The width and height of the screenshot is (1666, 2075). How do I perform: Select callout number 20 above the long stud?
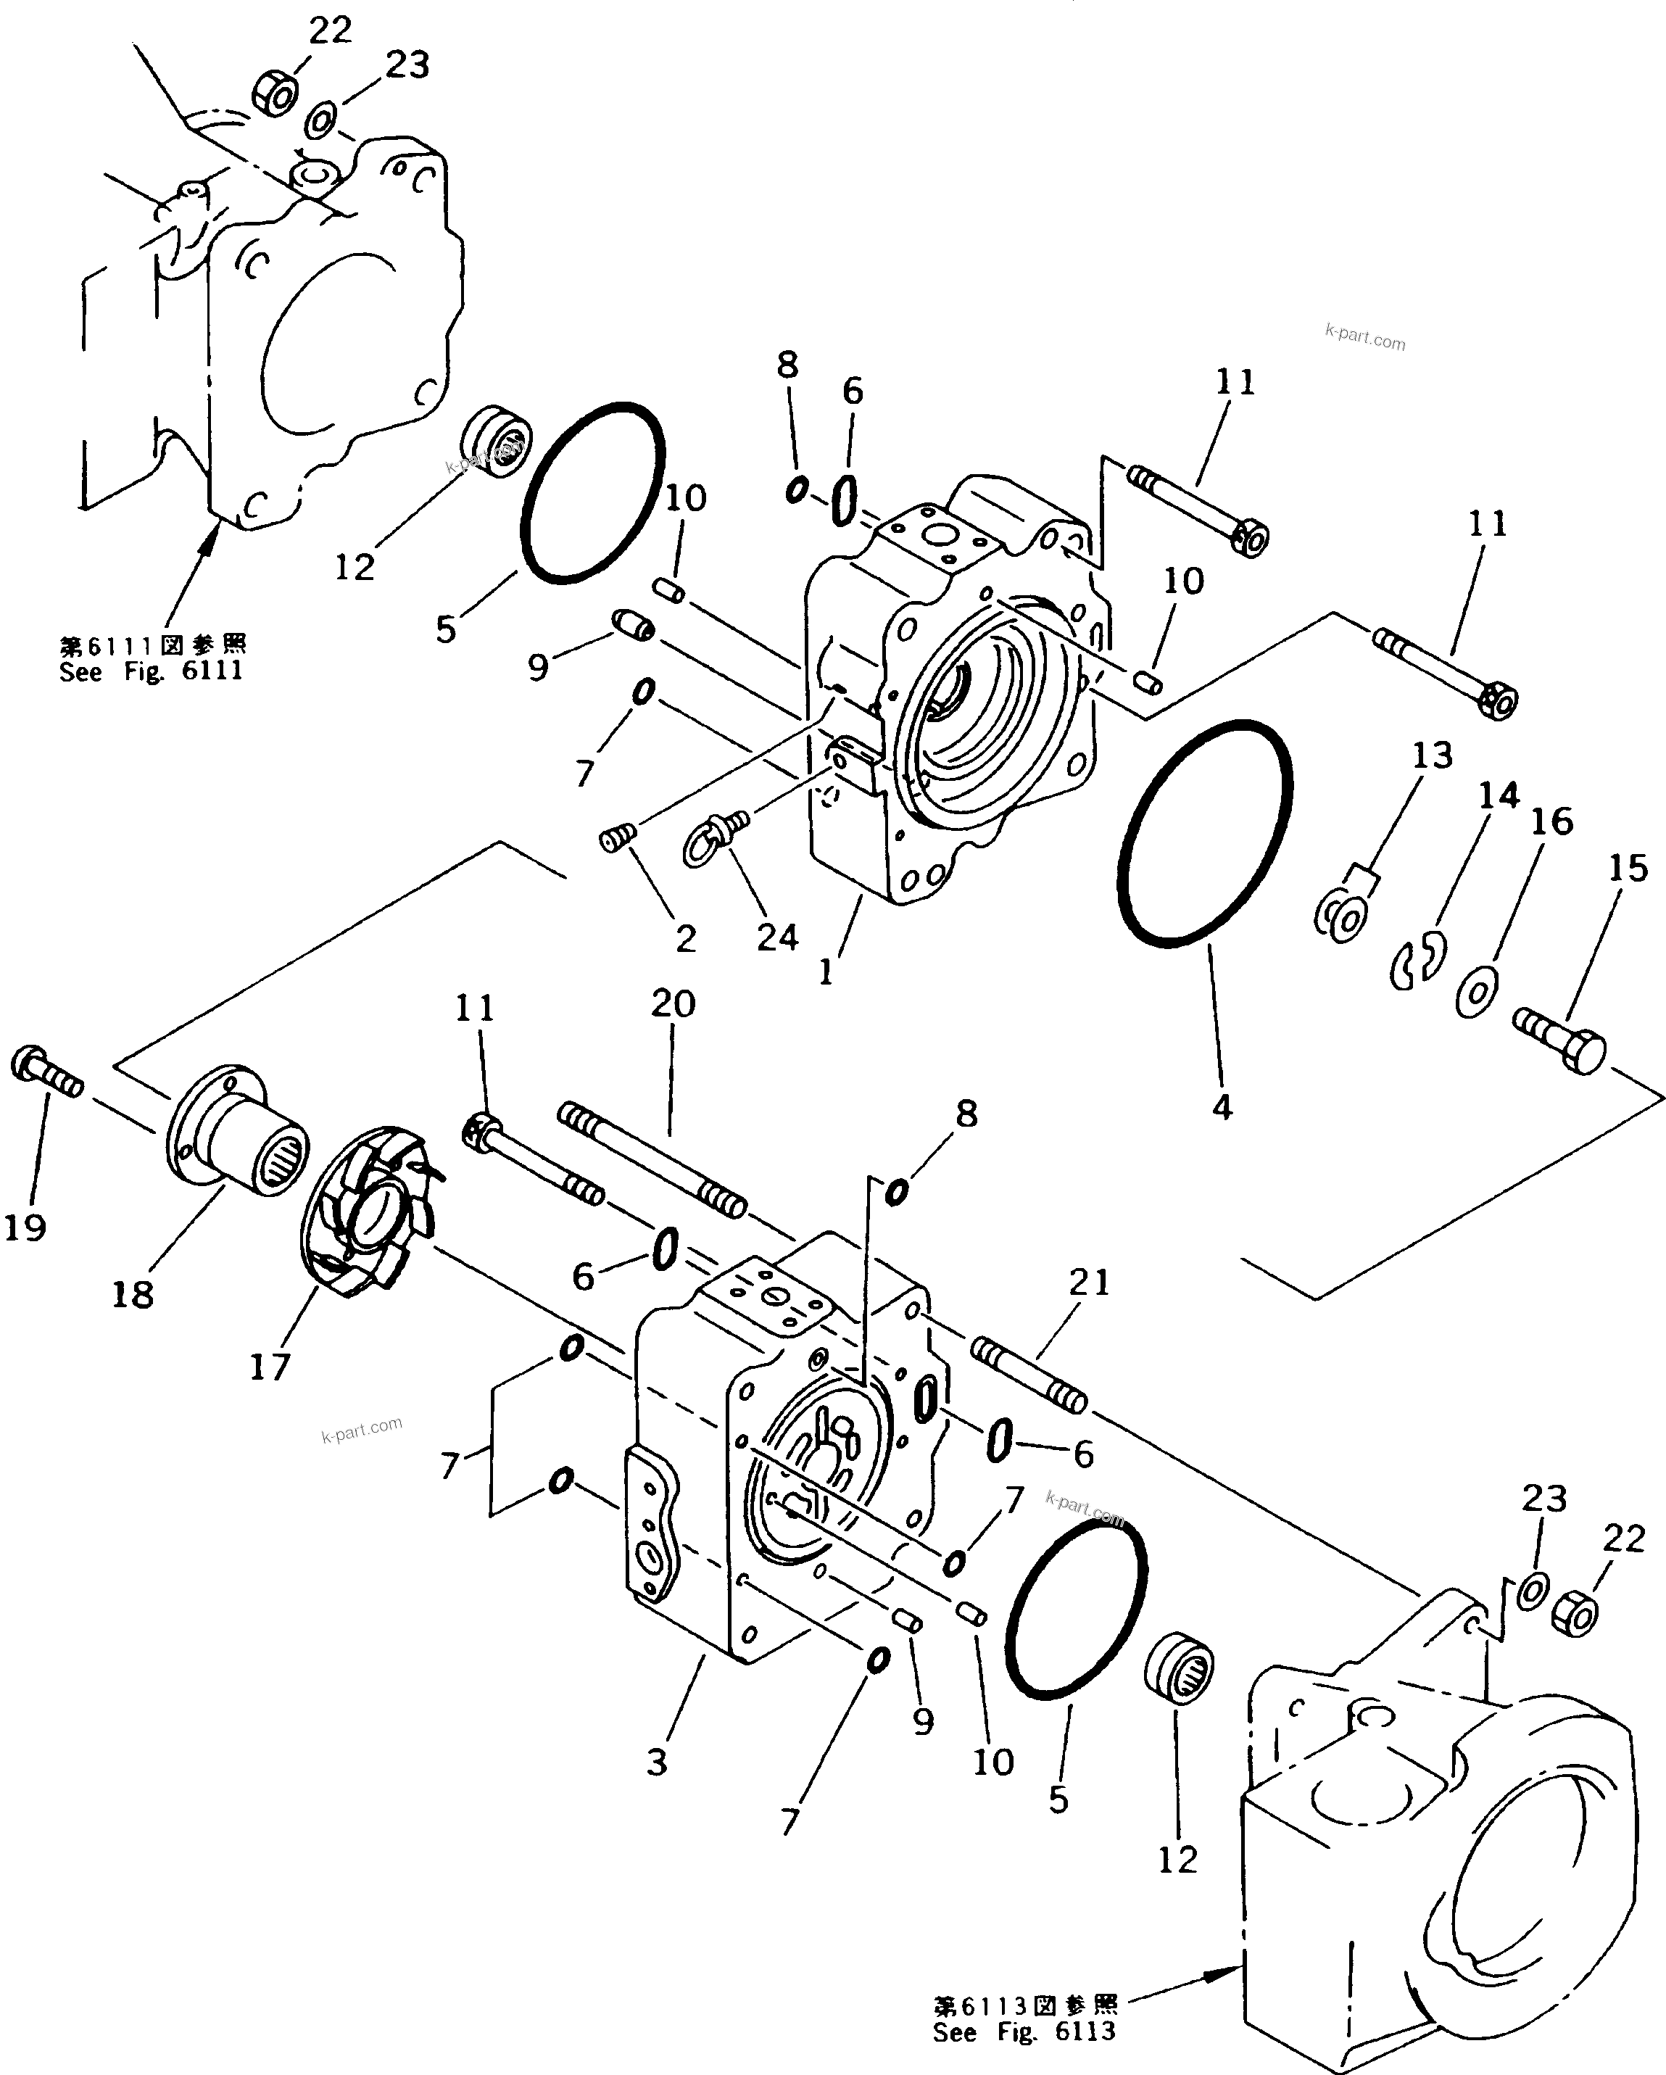[673, 1004]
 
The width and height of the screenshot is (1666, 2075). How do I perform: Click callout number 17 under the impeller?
[270, 1367]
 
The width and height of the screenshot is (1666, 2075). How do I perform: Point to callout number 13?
[1431, 755]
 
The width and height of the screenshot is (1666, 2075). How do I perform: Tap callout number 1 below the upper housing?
[826, 972]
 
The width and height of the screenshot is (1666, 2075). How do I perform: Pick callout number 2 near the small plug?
[685, 938]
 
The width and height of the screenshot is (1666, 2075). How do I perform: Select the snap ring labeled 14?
[1415, 961]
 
